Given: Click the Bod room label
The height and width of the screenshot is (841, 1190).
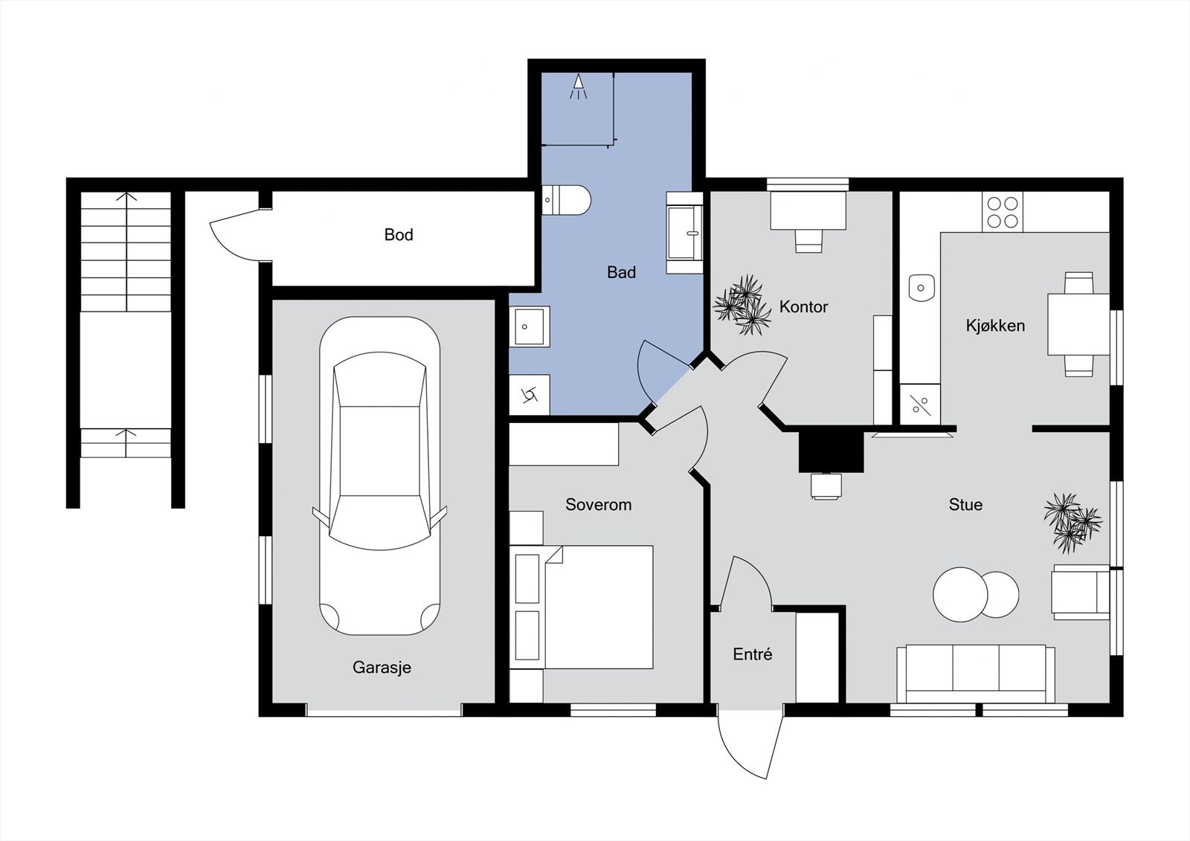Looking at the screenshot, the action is [x=399, y=234].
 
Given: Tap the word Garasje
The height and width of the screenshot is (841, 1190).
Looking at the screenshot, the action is [x=382, y=667].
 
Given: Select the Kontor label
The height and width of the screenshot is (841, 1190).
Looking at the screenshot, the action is [x=803, y=306].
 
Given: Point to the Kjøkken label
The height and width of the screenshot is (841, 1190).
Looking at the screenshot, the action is [x=995, y=325].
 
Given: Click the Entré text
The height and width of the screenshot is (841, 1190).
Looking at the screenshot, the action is [x=752, y=654].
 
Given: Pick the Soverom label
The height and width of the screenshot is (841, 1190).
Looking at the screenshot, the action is [x=598, y=504].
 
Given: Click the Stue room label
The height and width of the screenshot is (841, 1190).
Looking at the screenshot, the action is [x=965, y=504].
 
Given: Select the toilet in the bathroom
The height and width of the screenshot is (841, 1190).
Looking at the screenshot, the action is [x=566, y=200].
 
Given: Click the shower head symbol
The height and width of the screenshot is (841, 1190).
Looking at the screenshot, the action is [x=578, y=86].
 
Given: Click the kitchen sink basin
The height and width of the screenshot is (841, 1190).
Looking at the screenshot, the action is [x=922, y=288].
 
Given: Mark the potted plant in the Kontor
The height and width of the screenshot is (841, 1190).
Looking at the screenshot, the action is [x=742, y=305].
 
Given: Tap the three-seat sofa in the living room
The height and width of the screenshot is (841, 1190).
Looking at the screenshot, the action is [x=976, y=674].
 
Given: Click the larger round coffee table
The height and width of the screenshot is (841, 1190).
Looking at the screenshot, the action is [x=960, y=594].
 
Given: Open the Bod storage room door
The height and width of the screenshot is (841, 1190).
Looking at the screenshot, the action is [x=237, y=236].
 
